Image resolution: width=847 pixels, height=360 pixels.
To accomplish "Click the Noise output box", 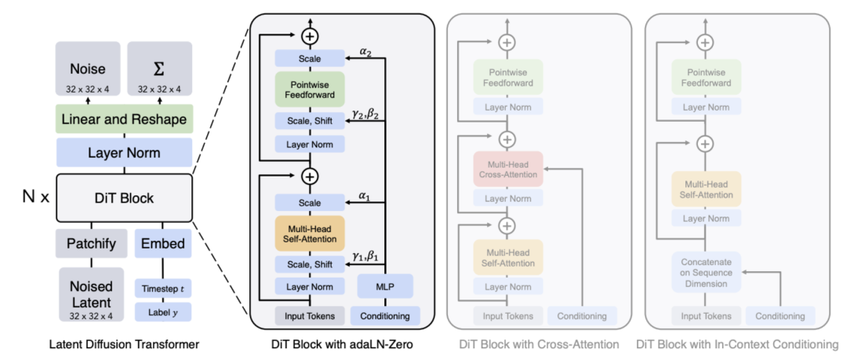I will [x=88, y=74].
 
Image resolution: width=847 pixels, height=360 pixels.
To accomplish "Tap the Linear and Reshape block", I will [x=124, y=119].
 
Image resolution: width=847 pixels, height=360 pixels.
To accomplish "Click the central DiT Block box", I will [x=124, y=198].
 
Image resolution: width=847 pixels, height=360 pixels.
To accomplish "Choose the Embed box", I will [x=163, y=243].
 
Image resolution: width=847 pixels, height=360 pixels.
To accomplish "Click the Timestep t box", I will [x=163, y=289].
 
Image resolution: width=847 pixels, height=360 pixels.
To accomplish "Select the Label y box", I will [x=163, y=311].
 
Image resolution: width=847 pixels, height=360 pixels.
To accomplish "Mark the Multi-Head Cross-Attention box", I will [x=507, y=169].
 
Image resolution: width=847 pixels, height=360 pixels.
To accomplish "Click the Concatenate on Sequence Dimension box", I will [x=704, y=271].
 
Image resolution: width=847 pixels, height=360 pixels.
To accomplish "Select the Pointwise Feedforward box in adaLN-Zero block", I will [x=310, y=89].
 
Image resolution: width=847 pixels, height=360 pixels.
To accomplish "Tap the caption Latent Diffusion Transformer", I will [x=123, y=344].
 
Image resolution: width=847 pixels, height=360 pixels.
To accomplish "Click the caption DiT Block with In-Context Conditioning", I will [x=736, y=344].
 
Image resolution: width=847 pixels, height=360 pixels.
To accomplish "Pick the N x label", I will [x=34, y=198].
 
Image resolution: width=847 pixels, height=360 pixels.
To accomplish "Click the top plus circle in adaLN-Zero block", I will [x=310, y=35].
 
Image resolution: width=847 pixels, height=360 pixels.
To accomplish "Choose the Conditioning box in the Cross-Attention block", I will [x=581, y=316].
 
